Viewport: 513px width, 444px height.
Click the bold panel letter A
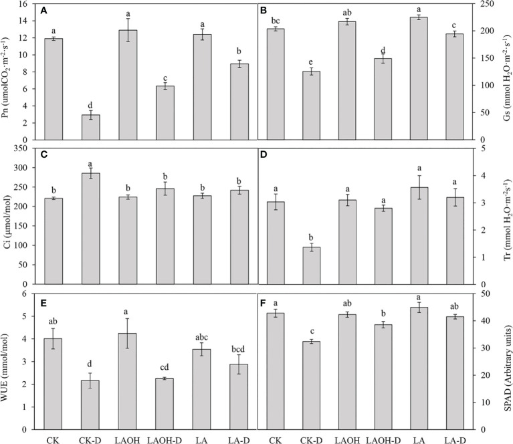(44, 11)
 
